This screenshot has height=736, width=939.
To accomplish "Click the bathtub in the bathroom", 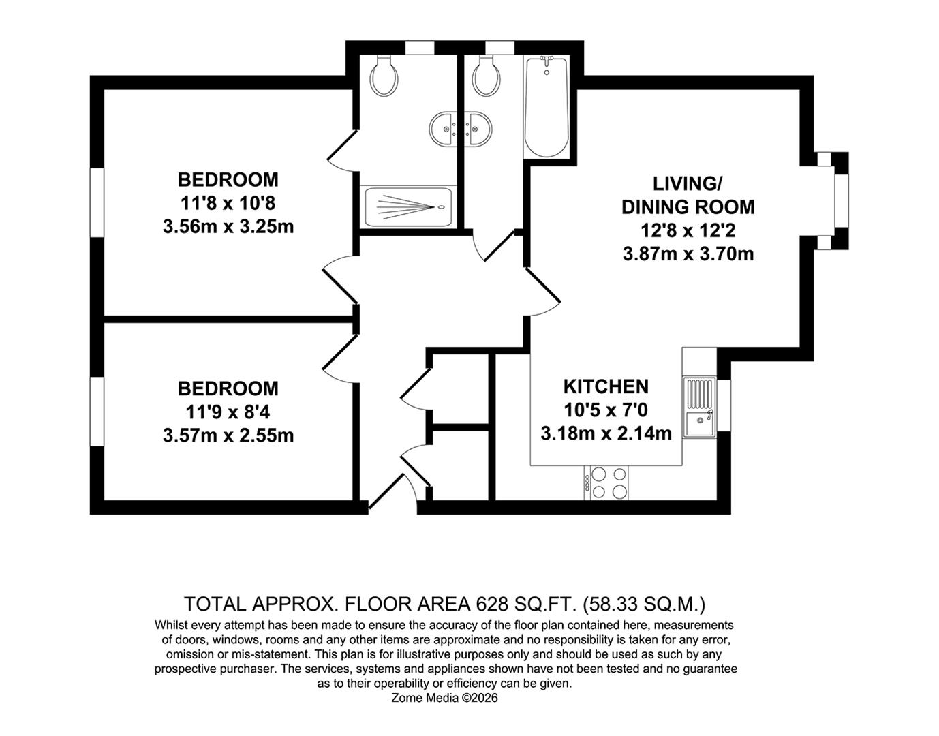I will tap(545, 107).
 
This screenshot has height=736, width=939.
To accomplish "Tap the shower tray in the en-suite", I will tap(408, 207).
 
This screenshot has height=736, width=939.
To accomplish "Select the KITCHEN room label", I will tap(605, 386).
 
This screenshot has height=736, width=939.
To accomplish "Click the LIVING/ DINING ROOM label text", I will tap(688, 195).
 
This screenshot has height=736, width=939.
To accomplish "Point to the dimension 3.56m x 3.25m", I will tap(228, 226).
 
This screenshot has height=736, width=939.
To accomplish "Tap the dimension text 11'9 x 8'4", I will tap(228, 412).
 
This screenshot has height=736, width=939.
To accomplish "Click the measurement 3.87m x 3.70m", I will tap(688, 254).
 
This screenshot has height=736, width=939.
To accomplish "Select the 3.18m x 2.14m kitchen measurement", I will tap(605, 433).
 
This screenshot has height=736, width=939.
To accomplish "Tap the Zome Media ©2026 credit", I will tap(445, 698).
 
